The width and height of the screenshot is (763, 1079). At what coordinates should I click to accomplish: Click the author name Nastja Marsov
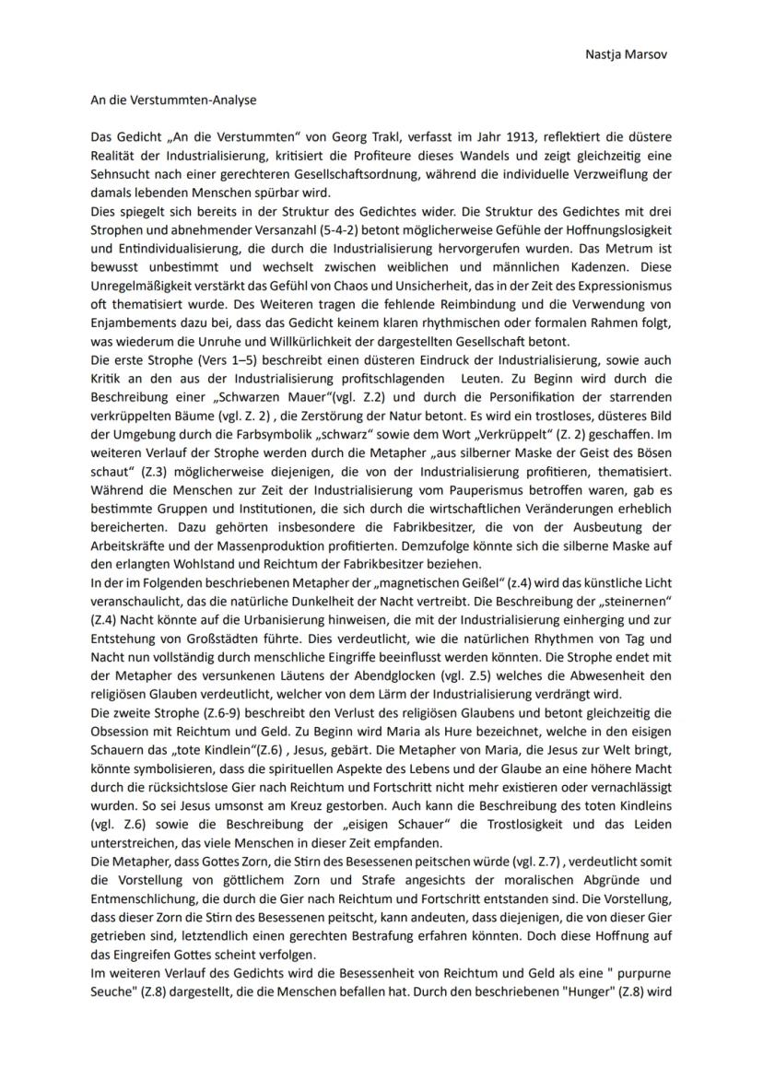625,53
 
